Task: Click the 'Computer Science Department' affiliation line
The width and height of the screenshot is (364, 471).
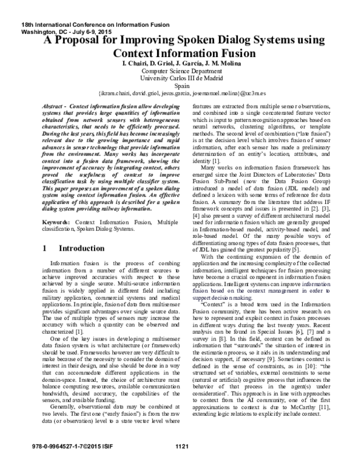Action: click(182, 70)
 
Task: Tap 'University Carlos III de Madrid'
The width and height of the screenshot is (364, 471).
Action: click(182, 78)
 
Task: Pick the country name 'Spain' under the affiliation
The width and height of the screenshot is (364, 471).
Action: click(182, 86)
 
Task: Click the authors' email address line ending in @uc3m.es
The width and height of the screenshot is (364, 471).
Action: click(182, 95)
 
